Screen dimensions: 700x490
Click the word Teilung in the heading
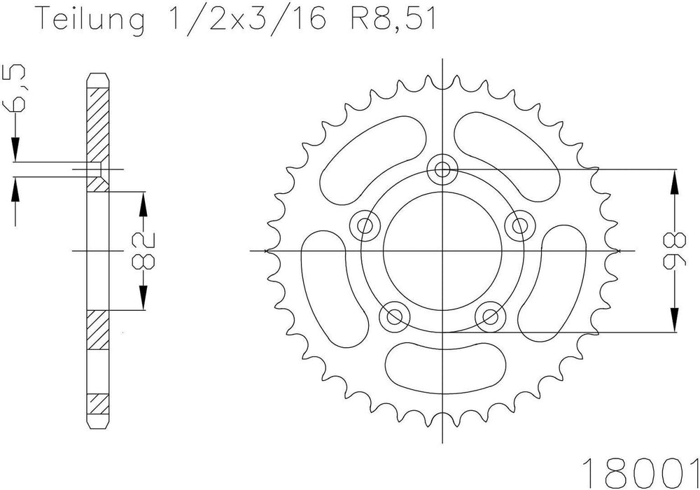click(92, 19)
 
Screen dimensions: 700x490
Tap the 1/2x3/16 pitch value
click(246, 19)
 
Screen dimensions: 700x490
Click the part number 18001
click(640, 473)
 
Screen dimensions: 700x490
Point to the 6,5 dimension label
click(13, 88)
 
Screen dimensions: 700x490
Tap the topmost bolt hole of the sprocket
click(442, 169)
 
